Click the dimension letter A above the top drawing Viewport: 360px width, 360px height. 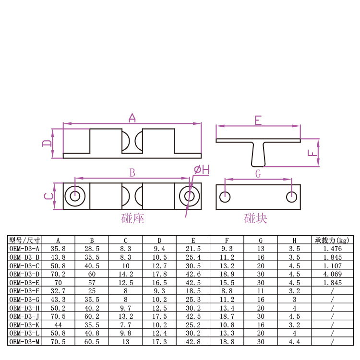click(x=132, y=118)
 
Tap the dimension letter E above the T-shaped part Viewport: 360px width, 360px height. click(x=258, y=120)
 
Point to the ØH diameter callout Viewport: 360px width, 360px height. click(x=202, y=170)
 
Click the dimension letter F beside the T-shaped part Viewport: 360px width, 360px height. click(x=312, y=153)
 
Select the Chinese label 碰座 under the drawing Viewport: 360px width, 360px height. click(x=132, y=218)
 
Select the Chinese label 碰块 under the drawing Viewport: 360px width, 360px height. click(x=255, y=218)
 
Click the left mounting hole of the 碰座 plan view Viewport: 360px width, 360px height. click(x=75, y=196)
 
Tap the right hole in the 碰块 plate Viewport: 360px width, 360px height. click(x=291, y=197)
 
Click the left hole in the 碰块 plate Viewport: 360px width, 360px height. click(x=225, y=197)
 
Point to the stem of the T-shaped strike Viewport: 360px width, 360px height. click(x=258, y=154)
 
